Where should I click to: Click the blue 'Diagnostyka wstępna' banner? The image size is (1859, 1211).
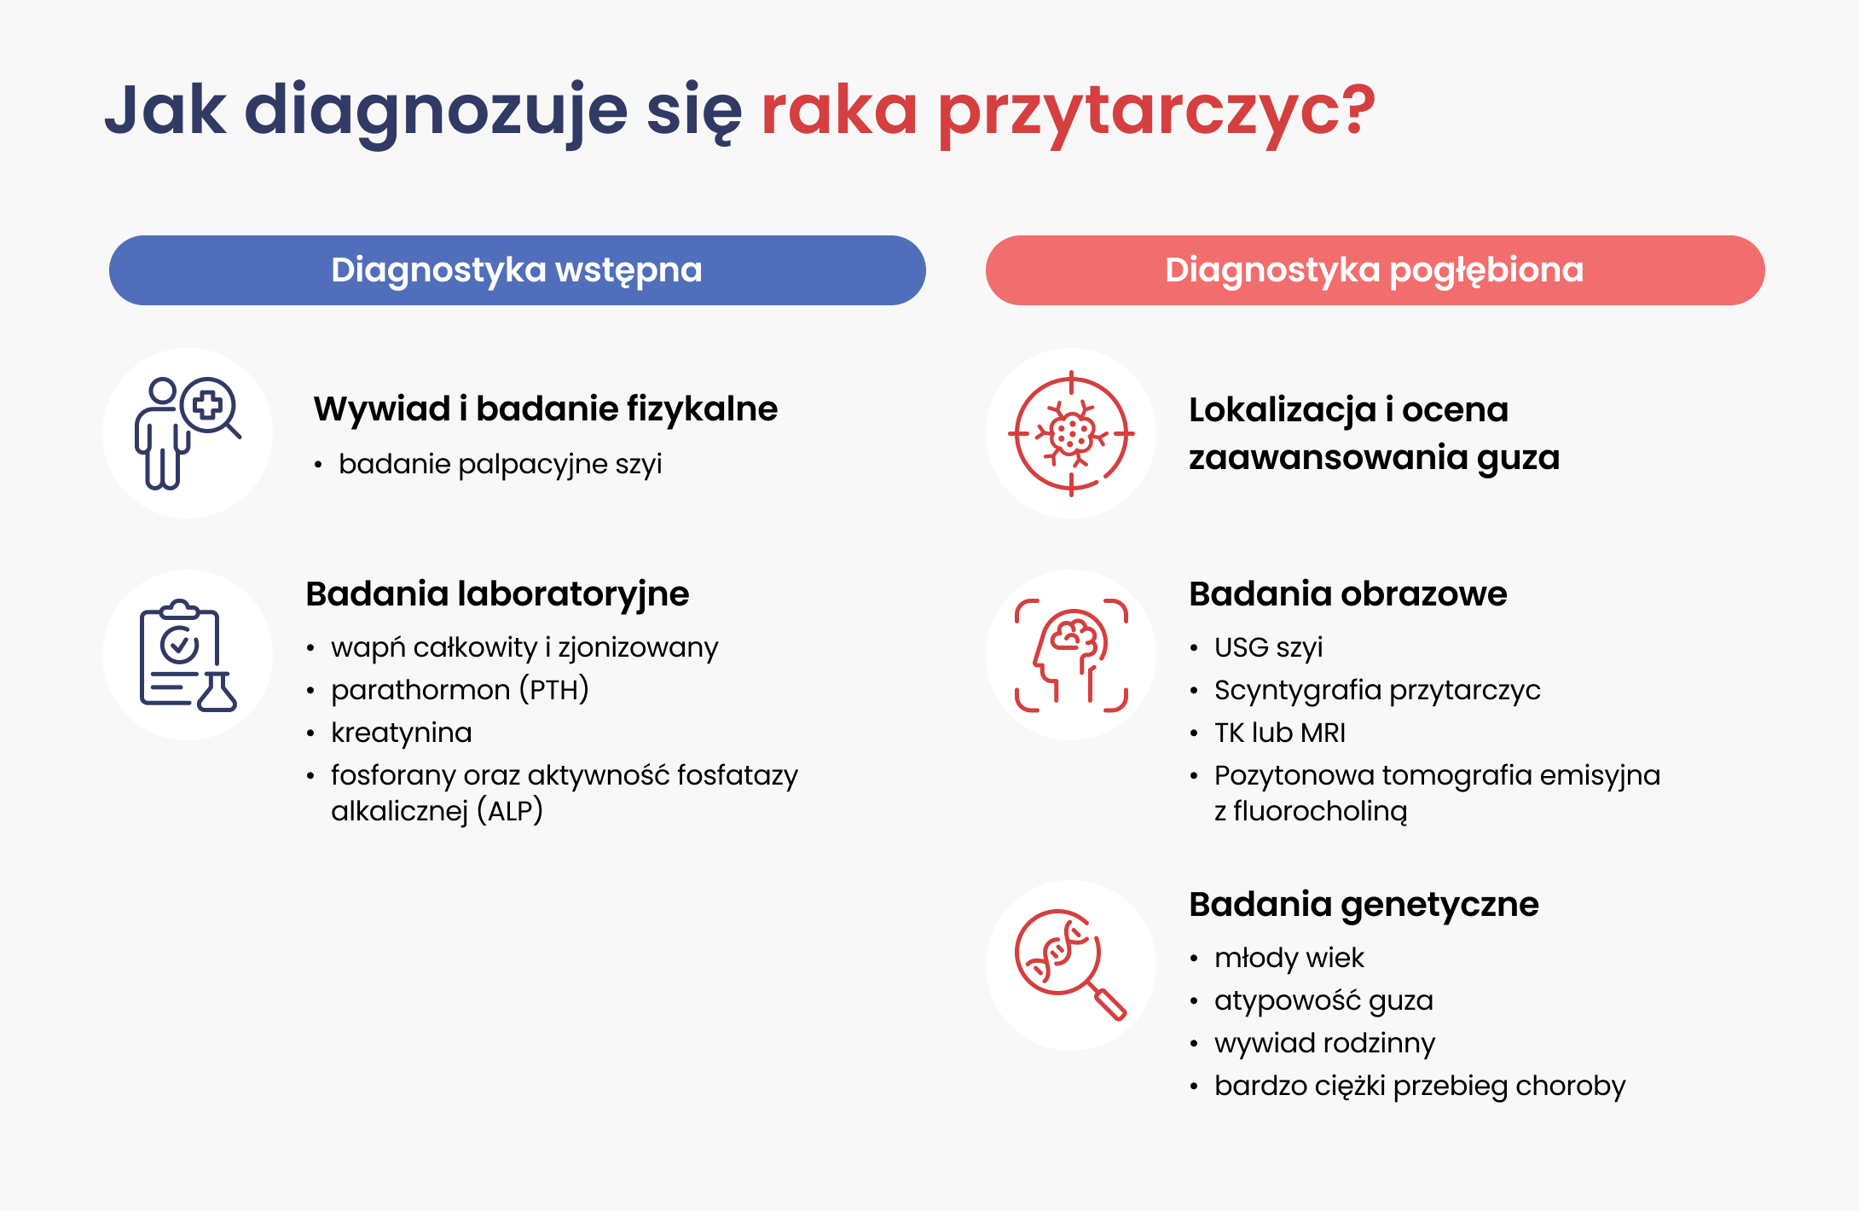click(517, 270)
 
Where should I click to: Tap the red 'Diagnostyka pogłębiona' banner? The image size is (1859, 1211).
click(1375, 270)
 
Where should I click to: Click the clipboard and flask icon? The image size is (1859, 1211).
click(188, 655)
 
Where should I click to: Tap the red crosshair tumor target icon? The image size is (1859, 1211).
click(1071, 433)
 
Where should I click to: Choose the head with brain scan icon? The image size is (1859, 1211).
click(1071, 655)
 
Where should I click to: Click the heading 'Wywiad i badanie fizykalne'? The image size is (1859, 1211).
click(546, 409)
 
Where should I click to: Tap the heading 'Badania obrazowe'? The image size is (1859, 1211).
click(1348, 594)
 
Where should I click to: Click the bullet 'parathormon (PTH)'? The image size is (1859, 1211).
click(460, 690)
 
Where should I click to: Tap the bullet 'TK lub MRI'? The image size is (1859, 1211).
click(1280, 733)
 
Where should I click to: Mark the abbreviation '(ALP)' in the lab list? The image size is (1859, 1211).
click(510, 811)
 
